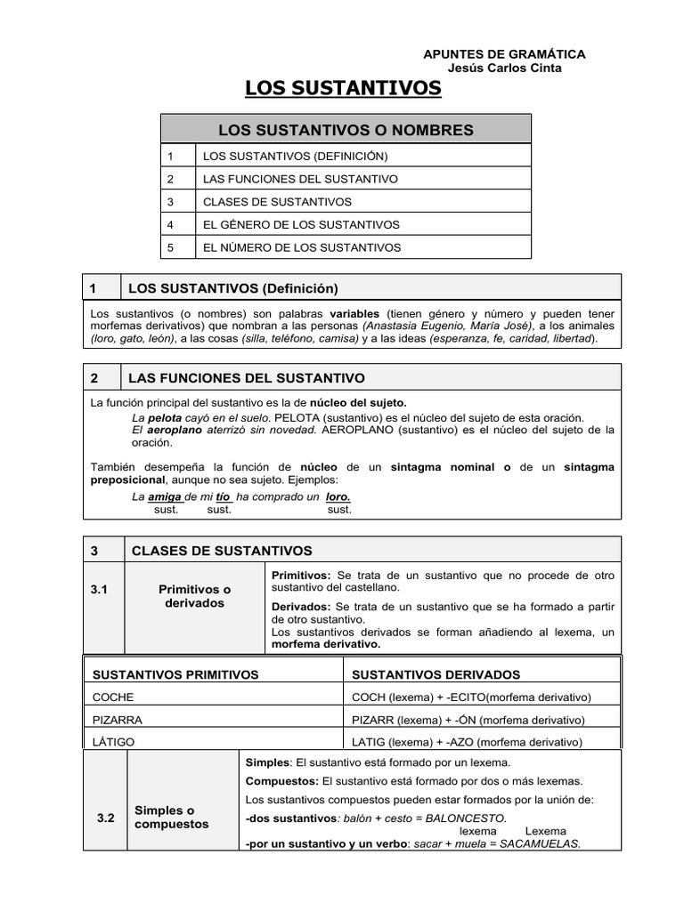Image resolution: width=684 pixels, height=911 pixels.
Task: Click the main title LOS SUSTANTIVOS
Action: (x=343, y=87)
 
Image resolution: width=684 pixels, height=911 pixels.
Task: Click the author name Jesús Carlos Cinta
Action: (x=504, y=69)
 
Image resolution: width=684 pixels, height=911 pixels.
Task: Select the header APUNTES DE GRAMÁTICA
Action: (x=504, y=54)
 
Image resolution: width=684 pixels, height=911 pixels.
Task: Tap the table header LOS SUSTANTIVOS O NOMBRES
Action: (x=346, y=130)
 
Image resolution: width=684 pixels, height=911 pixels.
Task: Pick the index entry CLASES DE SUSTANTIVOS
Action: (x=277, y=202)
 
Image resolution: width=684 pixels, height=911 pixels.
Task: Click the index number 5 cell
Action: (x=178, y=247)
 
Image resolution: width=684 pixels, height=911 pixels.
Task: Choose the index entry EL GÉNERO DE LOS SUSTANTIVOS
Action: (x=301, y=225)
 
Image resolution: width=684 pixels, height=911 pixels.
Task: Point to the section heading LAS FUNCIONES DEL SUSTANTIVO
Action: (x=247, y=378)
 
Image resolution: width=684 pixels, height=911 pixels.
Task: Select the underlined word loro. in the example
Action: (x=338, y=496)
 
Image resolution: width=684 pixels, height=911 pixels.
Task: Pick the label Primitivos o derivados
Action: (x=194, y=596)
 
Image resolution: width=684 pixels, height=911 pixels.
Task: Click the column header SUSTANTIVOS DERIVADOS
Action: (x=436, y=674)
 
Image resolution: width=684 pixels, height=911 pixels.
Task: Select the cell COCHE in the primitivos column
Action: (x=113, y=697)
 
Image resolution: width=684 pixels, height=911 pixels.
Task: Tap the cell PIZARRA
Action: (x=118, y=719)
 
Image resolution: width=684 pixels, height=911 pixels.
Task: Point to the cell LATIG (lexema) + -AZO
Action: (x=467, y=741)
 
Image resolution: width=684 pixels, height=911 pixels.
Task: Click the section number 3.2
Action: (x=106, y=818)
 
